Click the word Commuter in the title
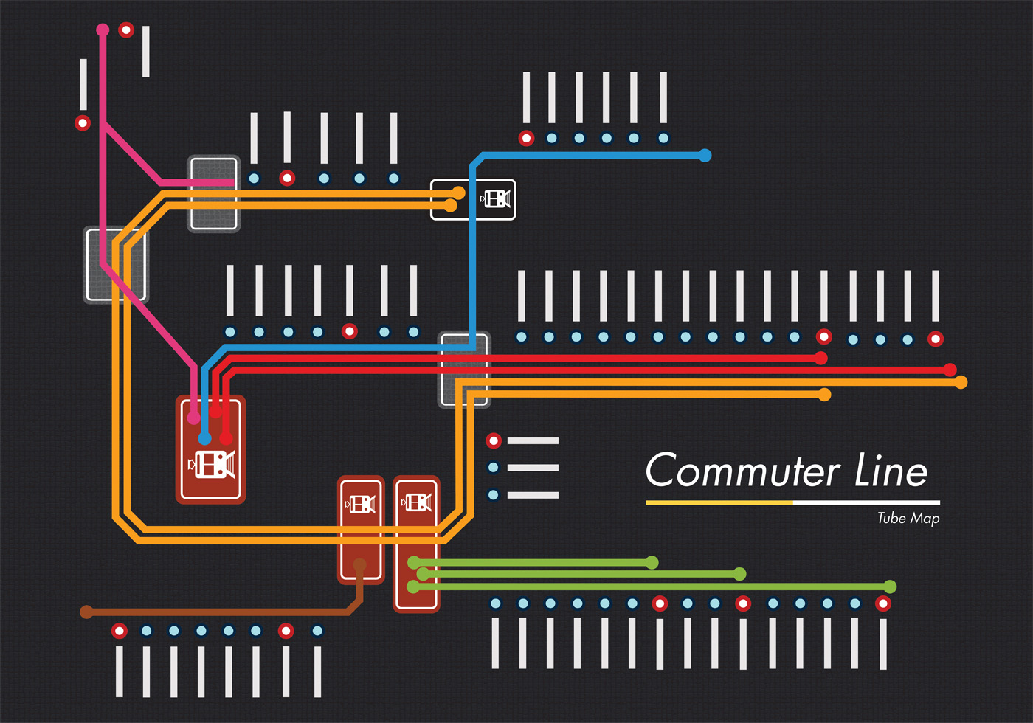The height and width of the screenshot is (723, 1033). point(742,471)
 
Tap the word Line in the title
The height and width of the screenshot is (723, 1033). point(891,471)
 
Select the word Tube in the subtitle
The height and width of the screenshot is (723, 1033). point(891,518)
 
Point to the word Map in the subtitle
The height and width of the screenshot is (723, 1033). point(925,519)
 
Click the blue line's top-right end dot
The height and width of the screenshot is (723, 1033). point(705,156)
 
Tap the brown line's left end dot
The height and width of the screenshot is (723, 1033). point(86,612)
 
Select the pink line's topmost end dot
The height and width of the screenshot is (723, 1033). point(103,30)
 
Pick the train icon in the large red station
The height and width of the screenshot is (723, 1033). point(212,464)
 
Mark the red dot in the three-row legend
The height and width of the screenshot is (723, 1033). point(494,441)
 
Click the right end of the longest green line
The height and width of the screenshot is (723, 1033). point(890,587)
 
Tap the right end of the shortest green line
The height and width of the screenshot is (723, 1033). point(652,563)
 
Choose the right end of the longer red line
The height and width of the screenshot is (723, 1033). point(950,370)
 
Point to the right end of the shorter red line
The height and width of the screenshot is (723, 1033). point(821,359)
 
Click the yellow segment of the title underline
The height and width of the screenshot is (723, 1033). point(719,502)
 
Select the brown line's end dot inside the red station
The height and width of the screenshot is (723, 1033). point(359,565)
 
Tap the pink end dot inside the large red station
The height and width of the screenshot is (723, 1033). point(193,418)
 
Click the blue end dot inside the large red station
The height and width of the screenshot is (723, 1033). point(204,439)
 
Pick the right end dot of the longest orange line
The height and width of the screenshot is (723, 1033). point(961,382)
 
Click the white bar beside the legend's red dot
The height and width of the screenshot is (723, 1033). point(533,441)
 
